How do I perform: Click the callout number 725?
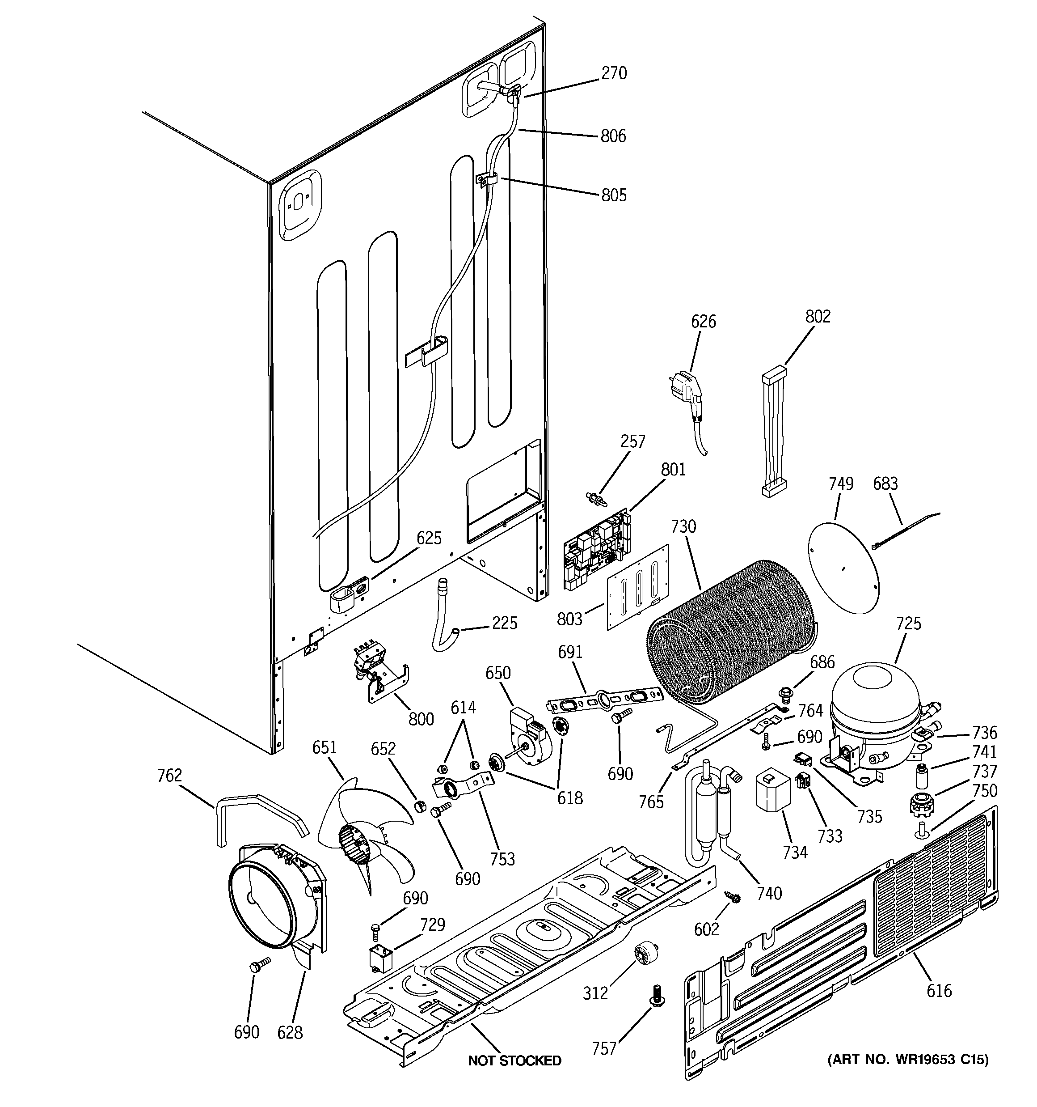point(908,623)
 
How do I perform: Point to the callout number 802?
point(817,316)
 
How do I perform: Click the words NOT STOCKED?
point(514,1060)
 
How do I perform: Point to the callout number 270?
point(614,73)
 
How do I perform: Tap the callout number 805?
point(613,195)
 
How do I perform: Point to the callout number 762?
point(169,775)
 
